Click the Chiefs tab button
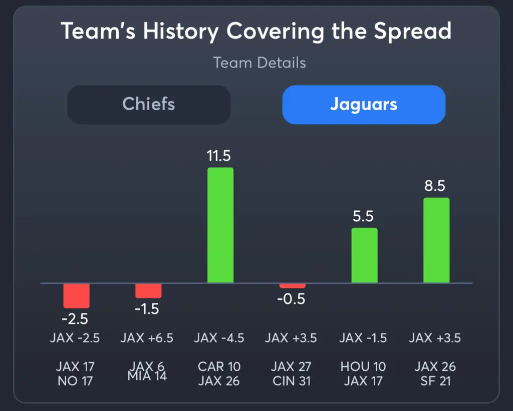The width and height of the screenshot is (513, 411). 149,105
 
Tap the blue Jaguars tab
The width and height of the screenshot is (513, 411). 364,105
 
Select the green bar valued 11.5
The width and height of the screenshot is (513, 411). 220,225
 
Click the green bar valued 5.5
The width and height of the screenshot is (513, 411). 364,256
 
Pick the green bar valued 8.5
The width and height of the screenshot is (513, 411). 436,241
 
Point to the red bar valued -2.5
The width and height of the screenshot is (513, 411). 76,296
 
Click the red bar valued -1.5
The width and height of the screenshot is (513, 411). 148,291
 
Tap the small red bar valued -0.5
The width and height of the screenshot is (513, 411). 293,286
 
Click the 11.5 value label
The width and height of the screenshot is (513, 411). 219,156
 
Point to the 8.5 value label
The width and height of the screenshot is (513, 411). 434,186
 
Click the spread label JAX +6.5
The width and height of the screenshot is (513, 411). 147,338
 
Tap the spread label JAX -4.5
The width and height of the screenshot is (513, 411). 219,338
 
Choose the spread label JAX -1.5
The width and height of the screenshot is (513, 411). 363,338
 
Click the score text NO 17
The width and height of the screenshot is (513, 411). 75,381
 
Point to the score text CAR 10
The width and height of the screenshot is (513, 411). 219,366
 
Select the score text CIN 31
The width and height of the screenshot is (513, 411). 291,381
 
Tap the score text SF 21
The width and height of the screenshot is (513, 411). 435,381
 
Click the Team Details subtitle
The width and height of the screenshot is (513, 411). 260,63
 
